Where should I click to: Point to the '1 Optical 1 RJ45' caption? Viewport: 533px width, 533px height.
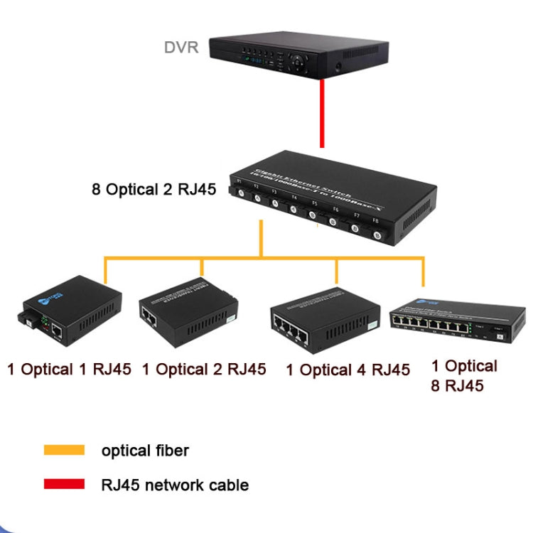[x=69, y=369]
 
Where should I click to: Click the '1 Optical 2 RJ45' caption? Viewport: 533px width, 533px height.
[x=204, y=369]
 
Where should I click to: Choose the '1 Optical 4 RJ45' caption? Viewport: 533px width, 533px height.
[x=348, y=370]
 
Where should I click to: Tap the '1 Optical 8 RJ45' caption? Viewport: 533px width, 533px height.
[x=464, y=376]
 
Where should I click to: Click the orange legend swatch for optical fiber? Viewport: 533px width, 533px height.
[x=64, y=450]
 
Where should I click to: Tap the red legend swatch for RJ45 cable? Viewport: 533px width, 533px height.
[x=64, y=484]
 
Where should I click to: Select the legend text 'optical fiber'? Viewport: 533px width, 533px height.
[x=145, y=450]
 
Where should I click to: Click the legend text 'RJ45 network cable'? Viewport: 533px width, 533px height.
[x=175, y=485]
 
